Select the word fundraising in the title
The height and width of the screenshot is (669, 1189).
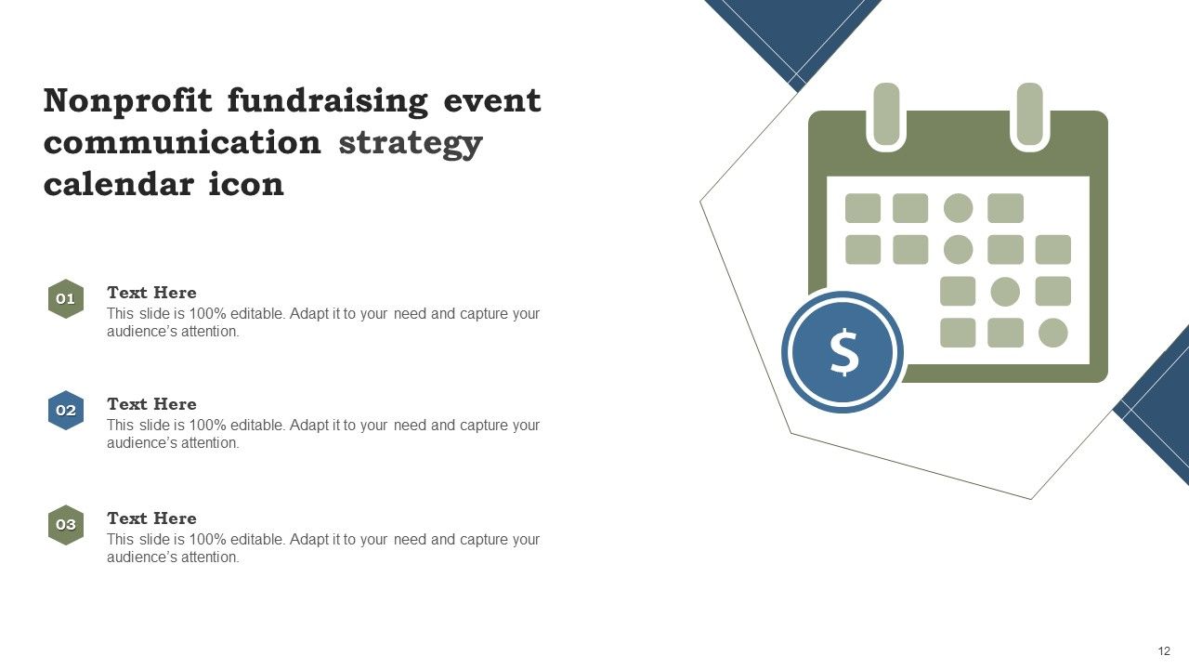pyautogui.click(x=327, y=100)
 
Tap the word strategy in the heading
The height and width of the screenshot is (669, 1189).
pyautogui.click(x=411, y=143)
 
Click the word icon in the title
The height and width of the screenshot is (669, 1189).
pyautogui.click(x=246, y=184)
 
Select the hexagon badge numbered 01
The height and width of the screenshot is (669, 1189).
pyautogui.click(x=66, y=299)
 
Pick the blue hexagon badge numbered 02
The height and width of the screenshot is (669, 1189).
pyautogui.click(x=66, y=411)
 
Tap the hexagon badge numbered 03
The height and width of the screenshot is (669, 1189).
pyautogui.click(x=66, y=525)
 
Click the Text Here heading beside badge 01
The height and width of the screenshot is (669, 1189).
pyautogui.click(x=151, y=293)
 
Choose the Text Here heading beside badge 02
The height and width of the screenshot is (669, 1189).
pyautogui.click(x=151, y=404)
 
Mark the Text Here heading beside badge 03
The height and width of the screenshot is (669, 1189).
pyautogui.click(x=151, y=518)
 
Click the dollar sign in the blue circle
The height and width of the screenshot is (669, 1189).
pyautogui.click(x=843, y=353)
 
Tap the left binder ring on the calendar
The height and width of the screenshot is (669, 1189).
pyautogui.click(x=887, y=114)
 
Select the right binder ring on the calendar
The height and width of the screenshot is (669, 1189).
pyautogui.click(x=1029, y=114)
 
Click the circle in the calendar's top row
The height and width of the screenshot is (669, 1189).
pyautogui.click(x=958, y=208)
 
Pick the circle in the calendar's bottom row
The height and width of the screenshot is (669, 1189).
pyautogui.click(x=1052, y=333)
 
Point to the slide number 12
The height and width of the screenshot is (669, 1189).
pyautogui.click(x=1164, y=651)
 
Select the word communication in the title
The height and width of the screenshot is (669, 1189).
pyautogui.click(x=182, y=143)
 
